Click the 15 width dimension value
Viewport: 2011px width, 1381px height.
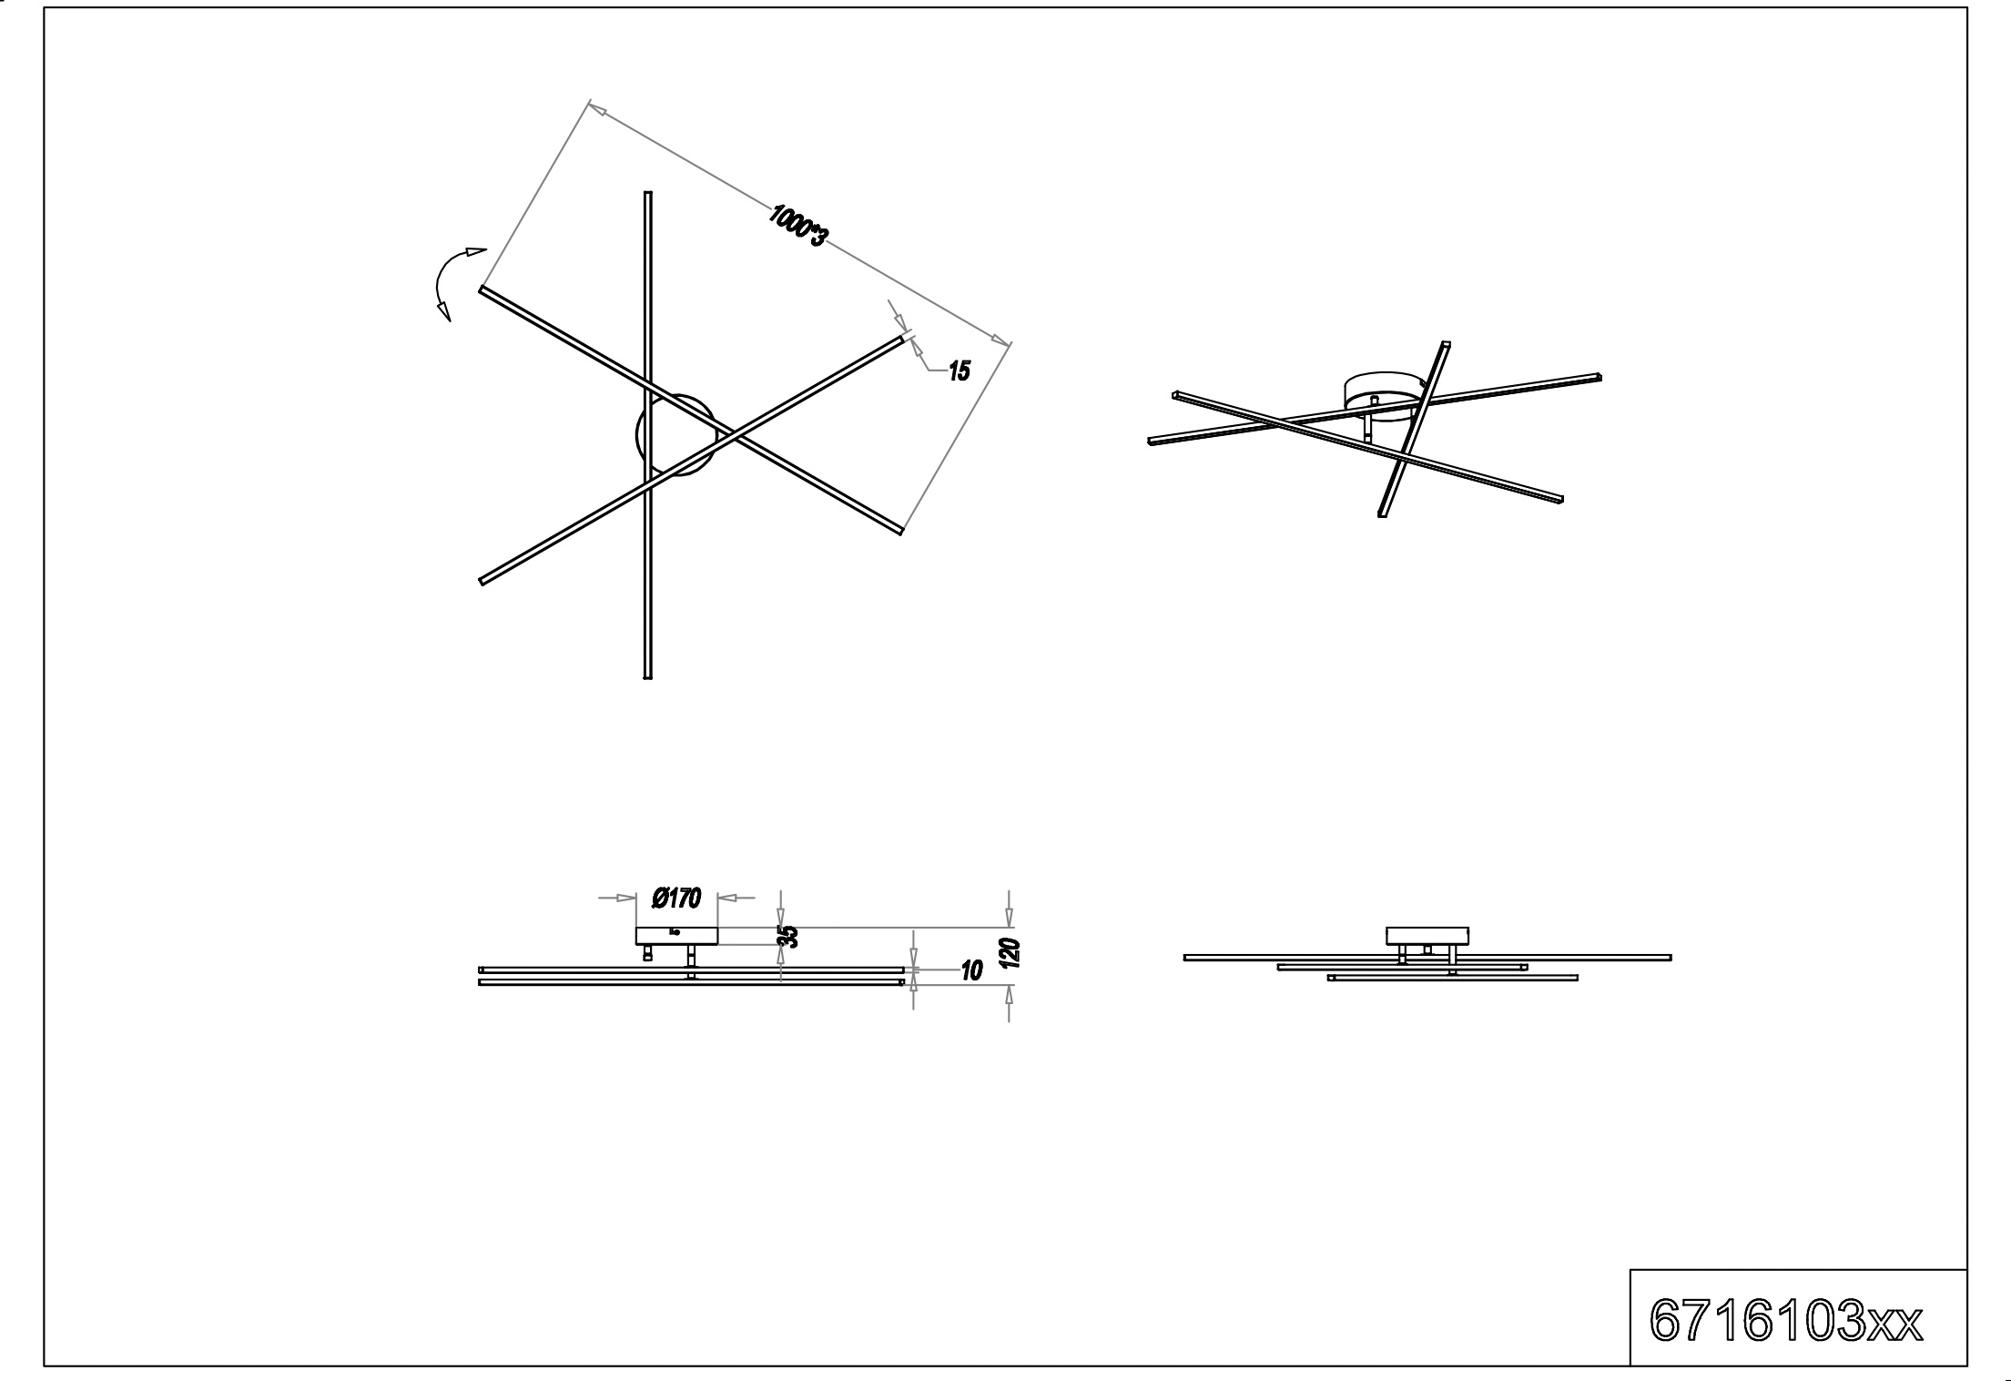(960, 371)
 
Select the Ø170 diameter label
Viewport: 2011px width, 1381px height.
(676, 899)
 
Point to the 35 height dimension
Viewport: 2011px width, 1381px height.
(790, 936)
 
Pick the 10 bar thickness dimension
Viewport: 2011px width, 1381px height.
(971, 971)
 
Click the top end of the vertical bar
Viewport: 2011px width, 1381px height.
(648, 193)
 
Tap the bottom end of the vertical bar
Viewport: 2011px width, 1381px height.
(647, 676)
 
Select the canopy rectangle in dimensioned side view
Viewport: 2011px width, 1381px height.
(676, 936)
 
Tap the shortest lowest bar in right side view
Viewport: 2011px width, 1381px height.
(1452, 978)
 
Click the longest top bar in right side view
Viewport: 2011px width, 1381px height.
(1427, 958)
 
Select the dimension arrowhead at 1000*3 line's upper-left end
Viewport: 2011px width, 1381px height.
(597, 109)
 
